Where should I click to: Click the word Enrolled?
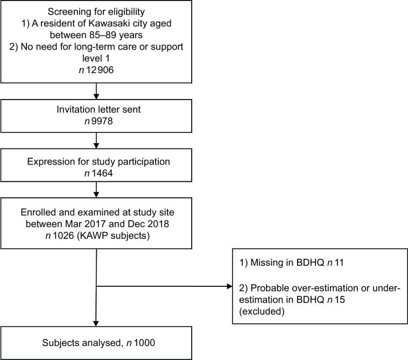[x=43, y=210]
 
